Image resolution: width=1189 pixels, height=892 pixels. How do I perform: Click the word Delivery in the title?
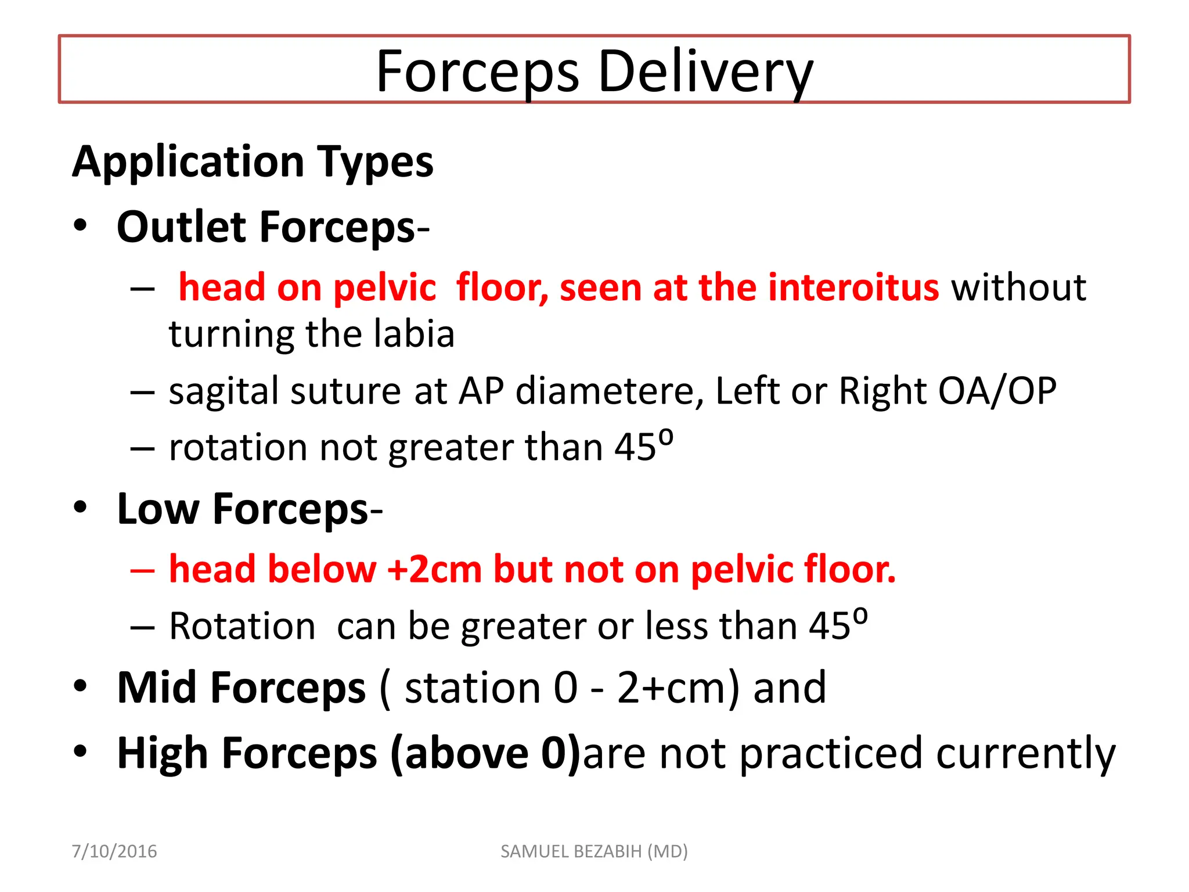pos(705,72)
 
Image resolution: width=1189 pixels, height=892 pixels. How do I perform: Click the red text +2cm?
pos(434,569)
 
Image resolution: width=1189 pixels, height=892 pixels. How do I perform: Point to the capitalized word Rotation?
pos(242,626)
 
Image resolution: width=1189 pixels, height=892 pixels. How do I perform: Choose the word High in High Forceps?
pos(163,754)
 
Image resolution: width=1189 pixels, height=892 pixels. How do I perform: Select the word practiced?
pos(831,754)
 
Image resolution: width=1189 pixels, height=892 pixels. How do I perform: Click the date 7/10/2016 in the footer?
pos(114,851)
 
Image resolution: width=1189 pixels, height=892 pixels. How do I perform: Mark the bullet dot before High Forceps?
pos(80,751)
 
